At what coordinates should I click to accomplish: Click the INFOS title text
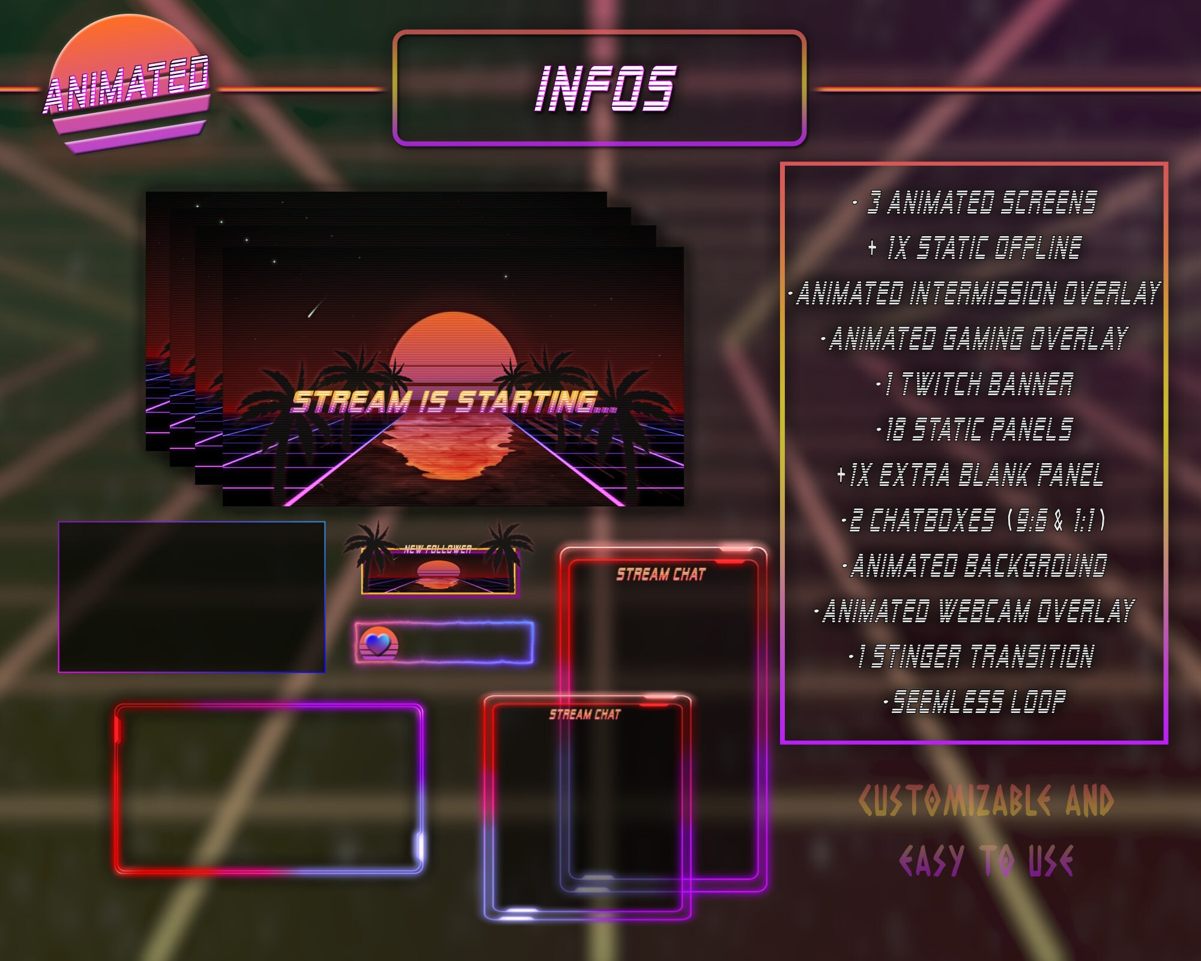pyautogui.click(x=605, y=88)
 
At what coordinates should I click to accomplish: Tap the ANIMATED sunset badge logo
pyautogui.click(x=128, y=84)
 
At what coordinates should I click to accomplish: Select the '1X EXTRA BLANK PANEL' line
pyautogui.click(x=975, y=475)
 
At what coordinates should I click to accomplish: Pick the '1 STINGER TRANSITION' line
pyautogui.click(x=975, y=656)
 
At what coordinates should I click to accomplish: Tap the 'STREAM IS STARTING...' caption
pyautogui.click(x=453, y=402)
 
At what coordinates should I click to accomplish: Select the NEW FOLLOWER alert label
pyautogui.click(x=438, y=549)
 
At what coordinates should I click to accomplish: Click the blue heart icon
pyautogui.click(x=378, y=644)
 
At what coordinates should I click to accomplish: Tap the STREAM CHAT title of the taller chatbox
pyautogui.click(x=661, y=575)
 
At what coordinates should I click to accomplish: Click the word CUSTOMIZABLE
pyautogui.click(x=955, y=801)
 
